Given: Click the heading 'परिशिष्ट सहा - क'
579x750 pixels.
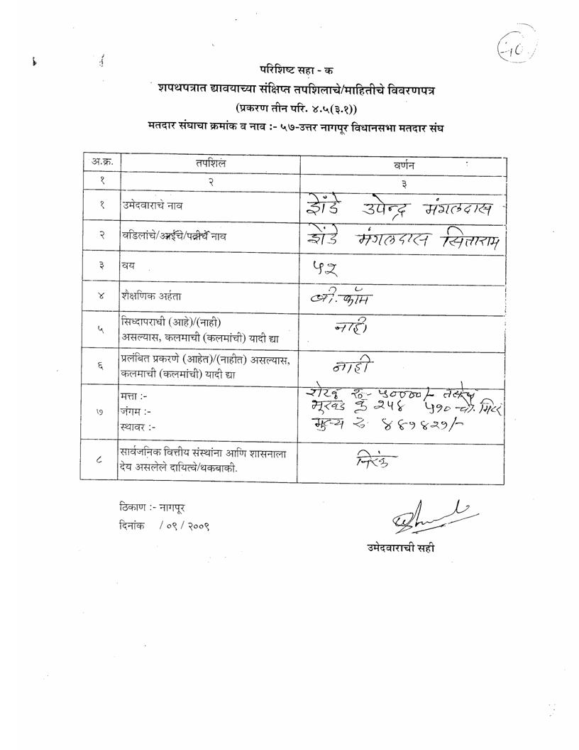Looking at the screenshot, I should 297,70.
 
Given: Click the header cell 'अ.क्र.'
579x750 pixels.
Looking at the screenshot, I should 101,163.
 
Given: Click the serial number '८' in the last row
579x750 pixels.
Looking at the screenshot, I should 101,461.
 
